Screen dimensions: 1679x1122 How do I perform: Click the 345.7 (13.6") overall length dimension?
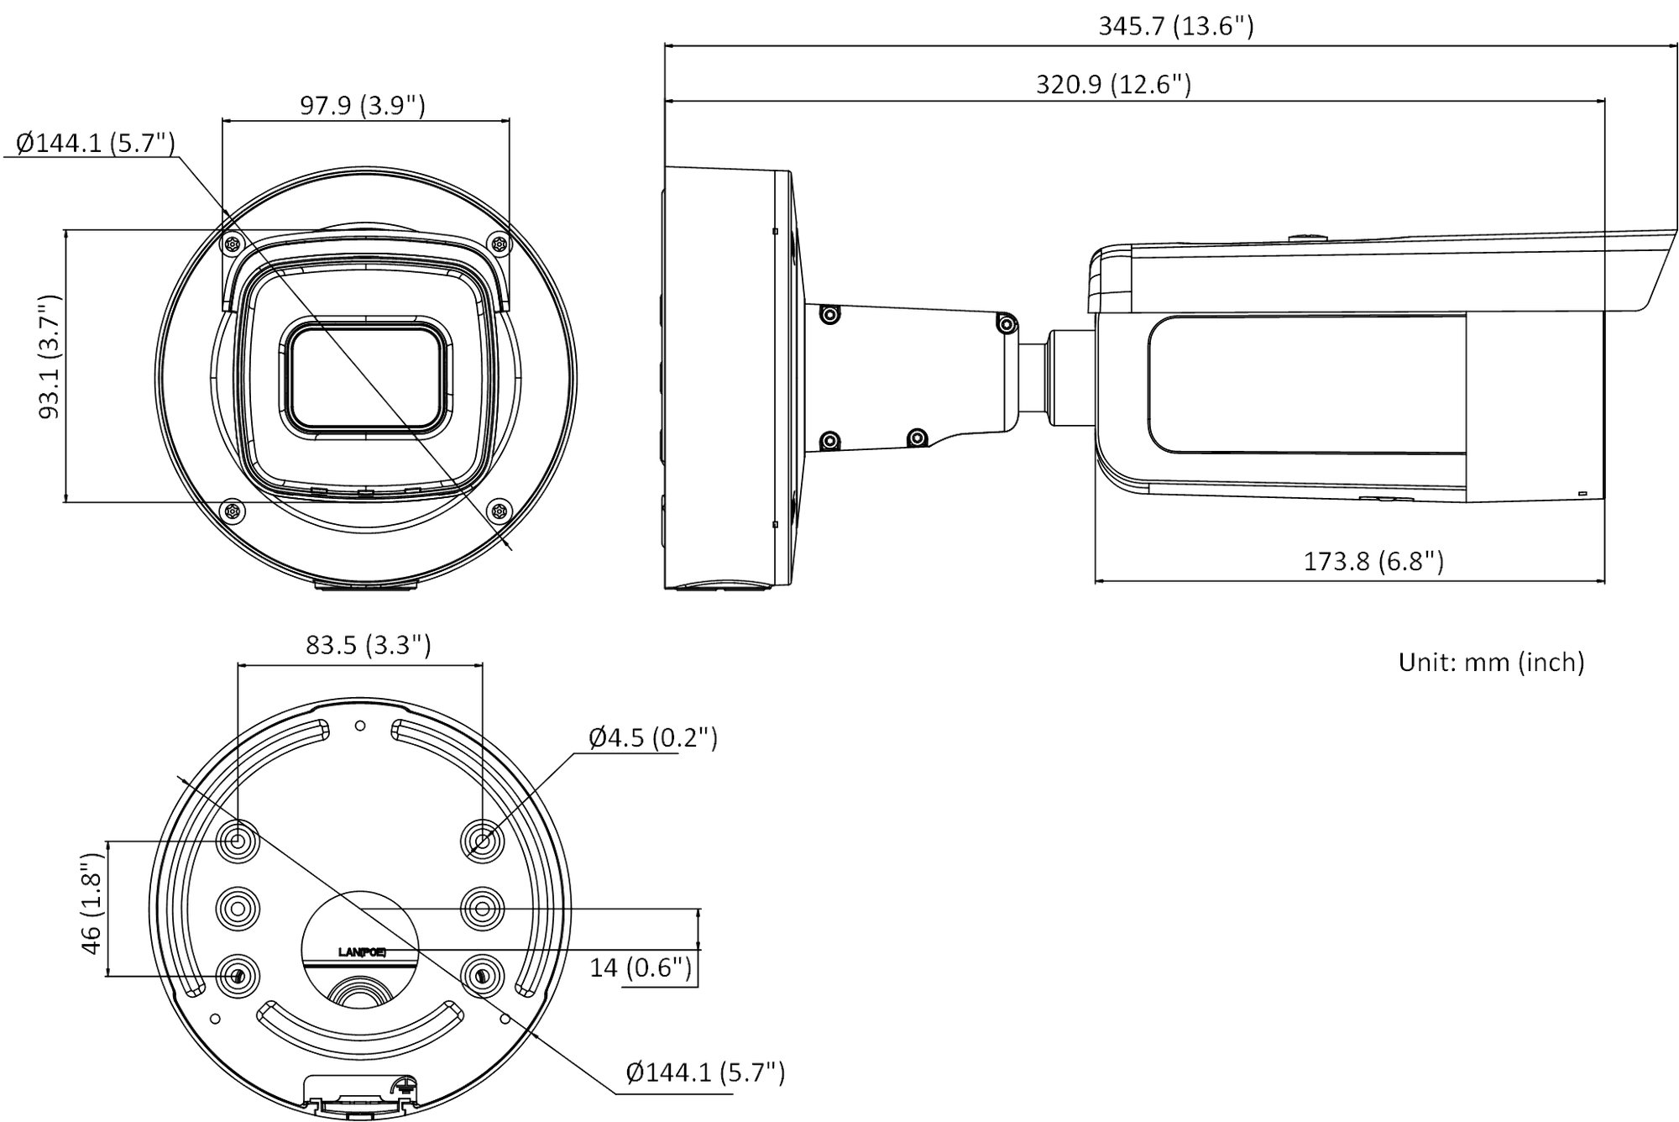pyautogui.click(x=1176, y=26)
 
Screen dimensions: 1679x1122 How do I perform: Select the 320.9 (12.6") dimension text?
pyautogui.click(x=1113, y=84)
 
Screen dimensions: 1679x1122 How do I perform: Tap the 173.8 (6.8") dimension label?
pyautogui.click(x=1373, y=560)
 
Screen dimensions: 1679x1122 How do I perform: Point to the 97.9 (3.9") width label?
pyautogui.click(x=363, y=105)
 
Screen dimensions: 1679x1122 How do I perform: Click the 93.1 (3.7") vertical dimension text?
pyautogui.click(x=50, y=356)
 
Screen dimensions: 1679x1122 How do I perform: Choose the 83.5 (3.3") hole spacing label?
pyautogui.click(x=369, y=644)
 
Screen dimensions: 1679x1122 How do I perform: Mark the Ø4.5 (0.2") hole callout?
pyautogui.click(x=653, y=737)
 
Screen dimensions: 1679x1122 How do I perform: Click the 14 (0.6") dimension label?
pyautogui.click(x=641, y=967)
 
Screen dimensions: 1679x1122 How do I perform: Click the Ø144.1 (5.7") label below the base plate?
pyautogui.click(x=705, y=1072)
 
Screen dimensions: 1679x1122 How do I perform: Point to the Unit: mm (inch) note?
pyautogui.click(x=1491, y=662)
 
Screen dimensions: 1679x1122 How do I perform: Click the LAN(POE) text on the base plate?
pyautogui.click(x=362, y=952)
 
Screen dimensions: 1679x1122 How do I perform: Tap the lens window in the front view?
pyautogui.click(x=365, y=378)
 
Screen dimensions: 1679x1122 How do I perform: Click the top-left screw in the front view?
pyautogui.click(x=233, y=244)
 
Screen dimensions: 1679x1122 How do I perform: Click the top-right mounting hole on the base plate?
pyautogui.click(x=483, y=841)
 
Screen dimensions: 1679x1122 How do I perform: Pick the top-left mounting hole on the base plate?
pyautogui.click(x=238, y=841)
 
